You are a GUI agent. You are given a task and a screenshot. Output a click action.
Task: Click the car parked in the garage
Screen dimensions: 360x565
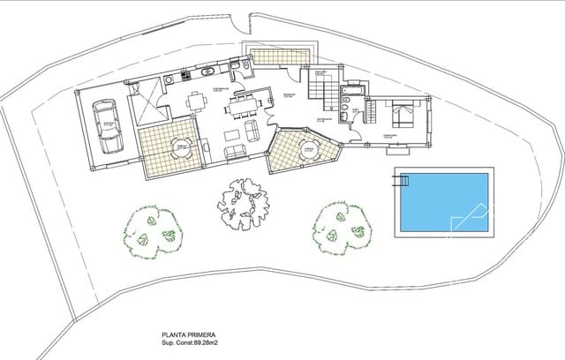click(108, 125)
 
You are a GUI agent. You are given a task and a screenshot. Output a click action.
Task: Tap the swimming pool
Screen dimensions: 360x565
click(441, 201)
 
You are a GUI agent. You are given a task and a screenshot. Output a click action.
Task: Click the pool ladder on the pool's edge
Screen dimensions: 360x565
click(403, 181)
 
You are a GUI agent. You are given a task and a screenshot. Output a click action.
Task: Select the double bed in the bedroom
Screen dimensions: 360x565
click(403, 116)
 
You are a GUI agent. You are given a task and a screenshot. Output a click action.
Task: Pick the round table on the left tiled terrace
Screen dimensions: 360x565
click(181, 146)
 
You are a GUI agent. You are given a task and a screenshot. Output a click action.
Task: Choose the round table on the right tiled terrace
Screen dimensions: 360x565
click(306, 150)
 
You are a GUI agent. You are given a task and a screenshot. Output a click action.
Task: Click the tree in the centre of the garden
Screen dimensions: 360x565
click(244, 205)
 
